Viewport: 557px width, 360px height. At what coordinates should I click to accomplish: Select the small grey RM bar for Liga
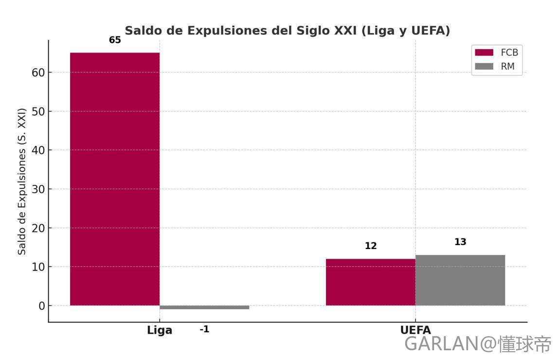pyautogui.click(x=204, y=307)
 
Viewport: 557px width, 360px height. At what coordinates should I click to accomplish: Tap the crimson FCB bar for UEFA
pyautogui.click(x=371, y=282)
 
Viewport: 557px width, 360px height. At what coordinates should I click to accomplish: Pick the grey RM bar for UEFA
pyautogui.click(x=460, y=280)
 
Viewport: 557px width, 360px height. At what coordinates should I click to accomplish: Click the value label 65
pyautogui.click(x=115, y=40)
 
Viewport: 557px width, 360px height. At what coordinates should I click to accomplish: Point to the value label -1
pyautogui.click(x=204, y=329)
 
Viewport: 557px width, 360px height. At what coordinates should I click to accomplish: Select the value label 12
pyautogui.click(x=371, y=246)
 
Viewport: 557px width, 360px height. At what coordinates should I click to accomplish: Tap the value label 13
pyautogui.click(x=460, y=242)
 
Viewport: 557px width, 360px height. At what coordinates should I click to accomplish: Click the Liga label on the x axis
pyautogui.click(x=160, y=330)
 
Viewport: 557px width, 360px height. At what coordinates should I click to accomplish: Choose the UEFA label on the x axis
pyautogui.click(x=415, y=330)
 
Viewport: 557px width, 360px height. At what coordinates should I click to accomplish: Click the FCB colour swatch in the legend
pyautogui.click(x=484, y=53)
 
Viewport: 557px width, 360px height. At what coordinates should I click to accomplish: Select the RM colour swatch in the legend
pyautogui.click(x=484, y=67)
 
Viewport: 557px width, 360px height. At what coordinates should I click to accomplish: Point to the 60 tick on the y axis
pyautogui.click(x=39, y=72)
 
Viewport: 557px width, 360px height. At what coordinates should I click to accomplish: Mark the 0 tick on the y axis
pyautogui.click(x=42, y=306)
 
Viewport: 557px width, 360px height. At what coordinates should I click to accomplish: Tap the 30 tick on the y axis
pyautogui.click(x=39, y=189)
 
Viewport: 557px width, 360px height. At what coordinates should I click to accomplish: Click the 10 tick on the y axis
pyautogui.click(x=39, y=267)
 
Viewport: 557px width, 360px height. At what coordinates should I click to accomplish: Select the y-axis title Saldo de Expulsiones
pyautogui.click(x=22, y=195)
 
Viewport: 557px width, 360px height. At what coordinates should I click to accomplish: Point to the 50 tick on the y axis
pyautogui.click(x=39, y=111)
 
